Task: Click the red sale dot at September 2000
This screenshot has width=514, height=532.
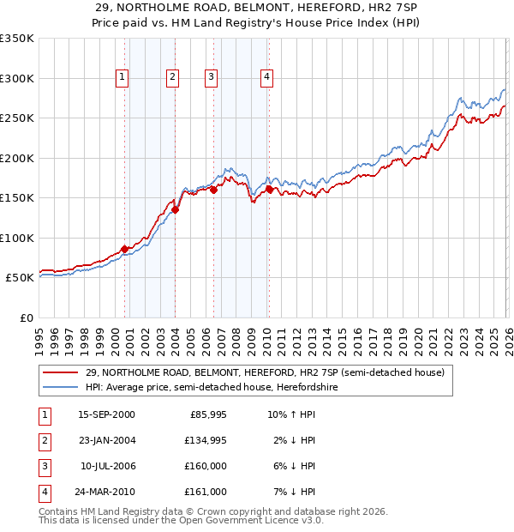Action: pos(124,249)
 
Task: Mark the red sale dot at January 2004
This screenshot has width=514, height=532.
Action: pos(175,209)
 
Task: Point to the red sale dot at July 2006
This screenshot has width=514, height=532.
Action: pos(212,190)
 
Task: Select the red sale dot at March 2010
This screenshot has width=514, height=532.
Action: pos(269,189)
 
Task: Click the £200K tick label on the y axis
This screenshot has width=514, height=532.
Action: pos(17,158)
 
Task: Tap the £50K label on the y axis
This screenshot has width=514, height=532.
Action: pos(21,278)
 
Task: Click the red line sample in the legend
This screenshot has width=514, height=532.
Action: pos(62,373)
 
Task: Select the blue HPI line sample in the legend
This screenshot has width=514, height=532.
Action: pos(62,388)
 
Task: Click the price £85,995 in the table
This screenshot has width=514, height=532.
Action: pos(206,414)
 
